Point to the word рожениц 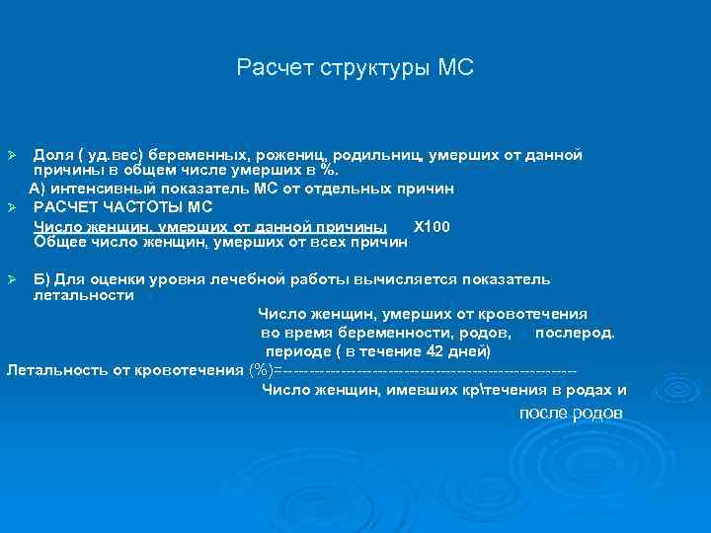(x=292, y=155)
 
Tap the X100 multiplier (x=432, y=226)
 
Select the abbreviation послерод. (x=575, y=333)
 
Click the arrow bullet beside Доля (x=13, y=157)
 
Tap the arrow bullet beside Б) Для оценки (x=13, y=280)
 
